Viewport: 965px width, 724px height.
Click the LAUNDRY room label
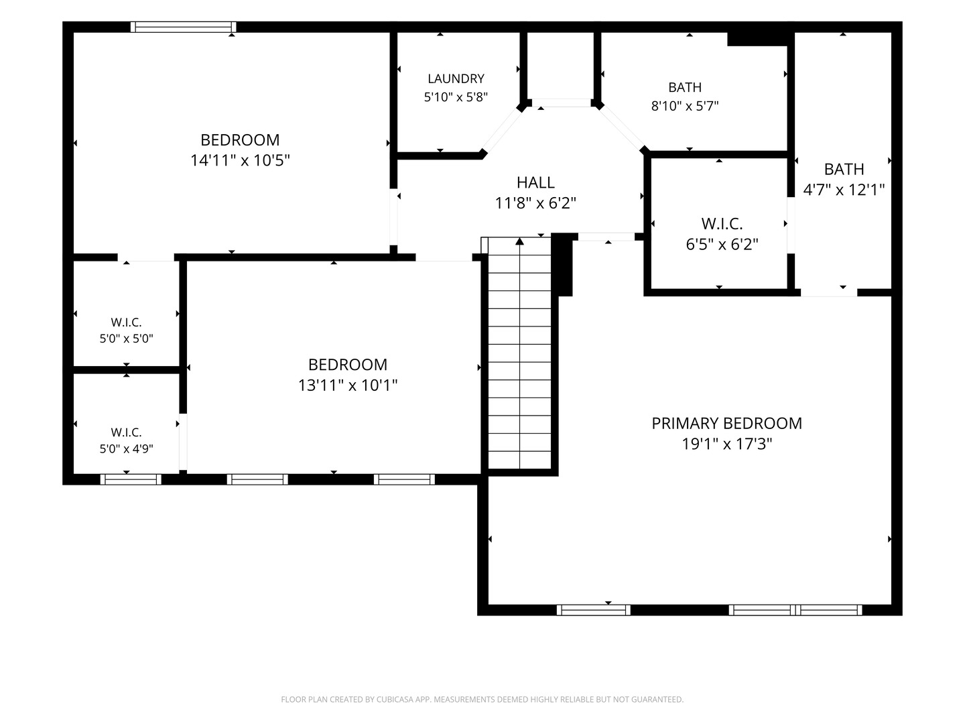(456, 78)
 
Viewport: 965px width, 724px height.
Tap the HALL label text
(535, 182)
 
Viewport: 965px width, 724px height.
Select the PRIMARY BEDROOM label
(726, 423)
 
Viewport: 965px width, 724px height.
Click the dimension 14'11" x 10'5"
(240, 160)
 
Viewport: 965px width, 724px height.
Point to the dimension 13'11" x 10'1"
(347, 385)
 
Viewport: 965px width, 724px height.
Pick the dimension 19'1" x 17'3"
(726, 444)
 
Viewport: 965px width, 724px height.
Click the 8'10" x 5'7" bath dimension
(684, 106)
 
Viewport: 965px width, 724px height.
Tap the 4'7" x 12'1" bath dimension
(844, 190)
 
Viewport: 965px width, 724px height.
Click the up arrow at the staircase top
(519, 241)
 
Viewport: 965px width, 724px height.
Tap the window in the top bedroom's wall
(184, 27)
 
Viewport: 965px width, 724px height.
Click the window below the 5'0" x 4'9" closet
(131, 479)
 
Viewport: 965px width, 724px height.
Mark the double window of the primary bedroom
(795, 610)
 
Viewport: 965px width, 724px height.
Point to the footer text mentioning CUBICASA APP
(482, 699)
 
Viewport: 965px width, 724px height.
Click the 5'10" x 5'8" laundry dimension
(456, 97)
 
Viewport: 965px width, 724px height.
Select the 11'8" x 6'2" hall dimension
(535, 203)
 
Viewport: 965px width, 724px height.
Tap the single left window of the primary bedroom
(594, 610)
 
